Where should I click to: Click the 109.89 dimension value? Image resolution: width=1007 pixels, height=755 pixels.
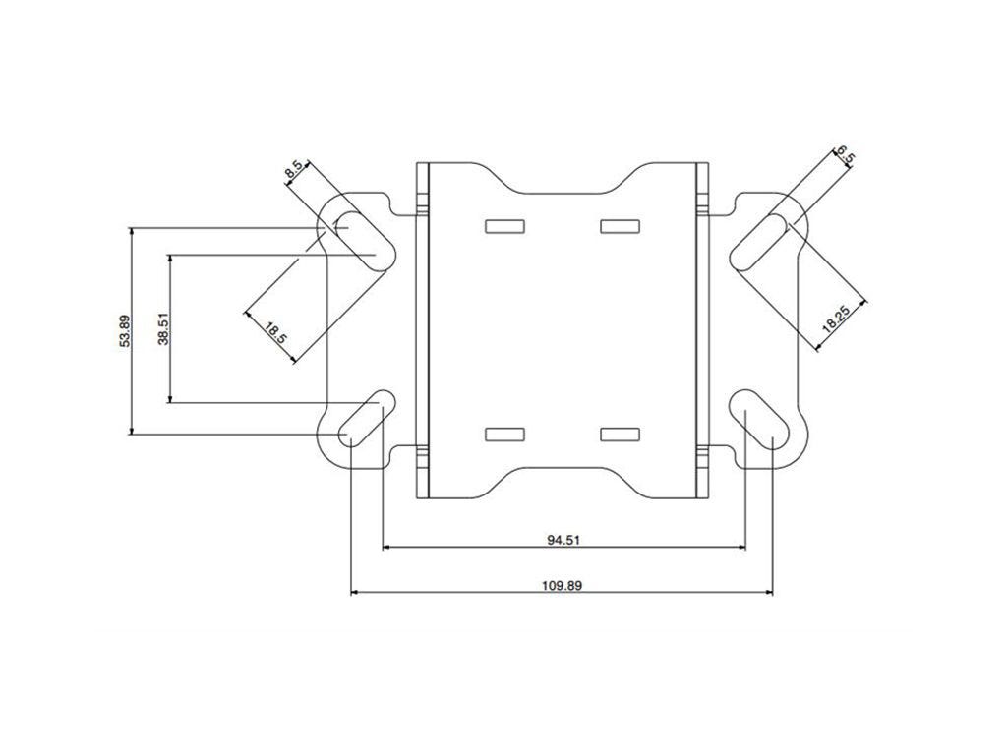click(562, 585)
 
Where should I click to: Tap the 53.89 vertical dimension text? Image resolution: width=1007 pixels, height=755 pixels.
click(124, 330)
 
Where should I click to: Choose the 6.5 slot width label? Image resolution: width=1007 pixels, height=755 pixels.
click(844, 157)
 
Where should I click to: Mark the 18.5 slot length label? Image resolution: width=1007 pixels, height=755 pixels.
click(275, 332)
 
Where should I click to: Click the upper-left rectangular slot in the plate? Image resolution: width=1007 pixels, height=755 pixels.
click(504, 227)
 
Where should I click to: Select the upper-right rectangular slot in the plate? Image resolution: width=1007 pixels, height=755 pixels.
click(619, 227)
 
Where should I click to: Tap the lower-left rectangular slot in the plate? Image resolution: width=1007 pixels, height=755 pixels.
click(504, 434)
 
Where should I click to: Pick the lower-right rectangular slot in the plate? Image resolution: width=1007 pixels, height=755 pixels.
click(619, 434)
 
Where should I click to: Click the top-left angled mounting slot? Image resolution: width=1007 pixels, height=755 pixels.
click(359, 239)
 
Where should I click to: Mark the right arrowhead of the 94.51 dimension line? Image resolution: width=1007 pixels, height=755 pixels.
click(740, 547)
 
